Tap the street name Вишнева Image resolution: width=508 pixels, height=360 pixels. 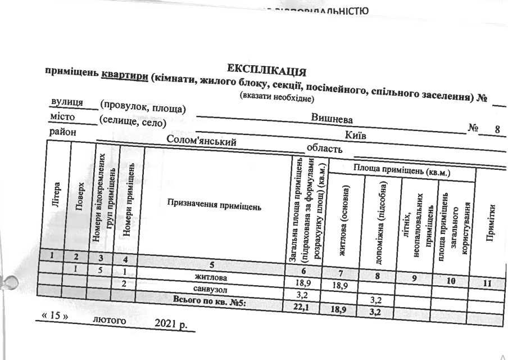click(x=332, y=119)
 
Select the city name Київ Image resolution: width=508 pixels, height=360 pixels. click(x=357, y=135)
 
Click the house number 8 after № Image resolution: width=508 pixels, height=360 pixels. click(x=497, y=130)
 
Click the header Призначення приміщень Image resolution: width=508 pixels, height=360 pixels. click(x=214, y=206)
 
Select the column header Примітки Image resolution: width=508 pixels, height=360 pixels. click(x=491, y=223)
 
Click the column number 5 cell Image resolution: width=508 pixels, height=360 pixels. click(x=211, y=265)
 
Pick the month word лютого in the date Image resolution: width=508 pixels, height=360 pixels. click(x=109, y=321)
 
